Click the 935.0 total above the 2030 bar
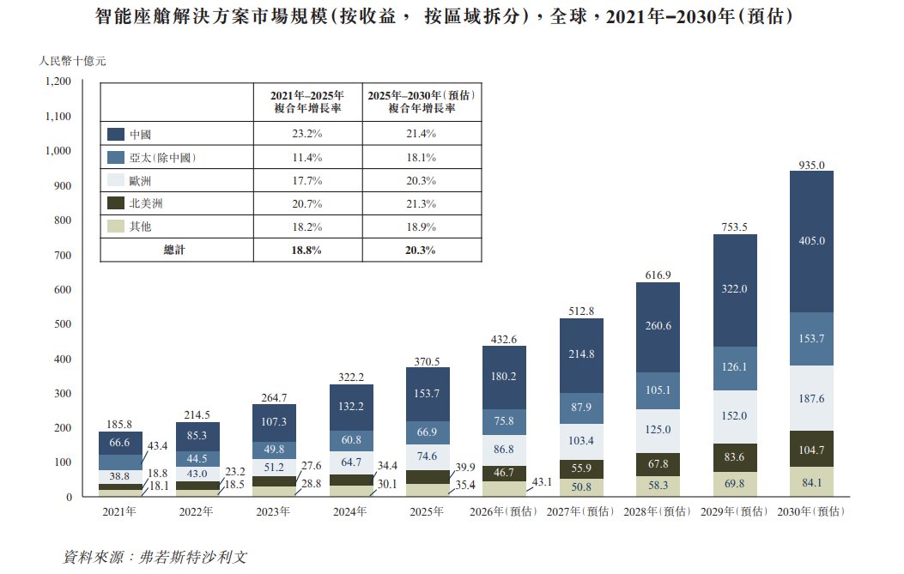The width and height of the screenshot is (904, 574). click(811, 164)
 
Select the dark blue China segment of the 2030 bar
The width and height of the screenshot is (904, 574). click(811, 241)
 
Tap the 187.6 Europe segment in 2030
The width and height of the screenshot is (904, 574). click(811, 399)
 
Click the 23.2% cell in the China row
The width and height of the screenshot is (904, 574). click(307, 135)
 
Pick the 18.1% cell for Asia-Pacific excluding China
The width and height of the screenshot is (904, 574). click(421, 158)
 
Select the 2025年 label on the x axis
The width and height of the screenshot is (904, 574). click(427, 512)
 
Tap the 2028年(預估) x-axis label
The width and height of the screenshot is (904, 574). click(658, 512)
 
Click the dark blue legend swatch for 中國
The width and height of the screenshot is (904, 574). click(117, 135)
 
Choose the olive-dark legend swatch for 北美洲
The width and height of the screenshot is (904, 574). click(117, 204)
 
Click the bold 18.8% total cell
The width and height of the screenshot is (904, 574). click(307, 251)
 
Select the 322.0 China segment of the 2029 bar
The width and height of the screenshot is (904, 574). click(734, 289)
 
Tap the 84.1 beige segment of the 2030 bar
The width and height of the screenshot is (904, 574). click(811, 481)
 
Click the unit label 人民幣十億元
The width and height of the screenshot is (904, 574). click(73, 61)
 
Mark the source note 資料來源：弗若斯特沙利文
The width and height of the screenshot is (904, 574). click(155, 556)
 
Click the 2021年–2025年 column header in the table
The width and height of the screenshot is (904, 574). click(307, 102)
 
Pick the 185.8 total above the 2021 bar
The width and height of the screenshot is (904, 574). click(119, 424)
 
